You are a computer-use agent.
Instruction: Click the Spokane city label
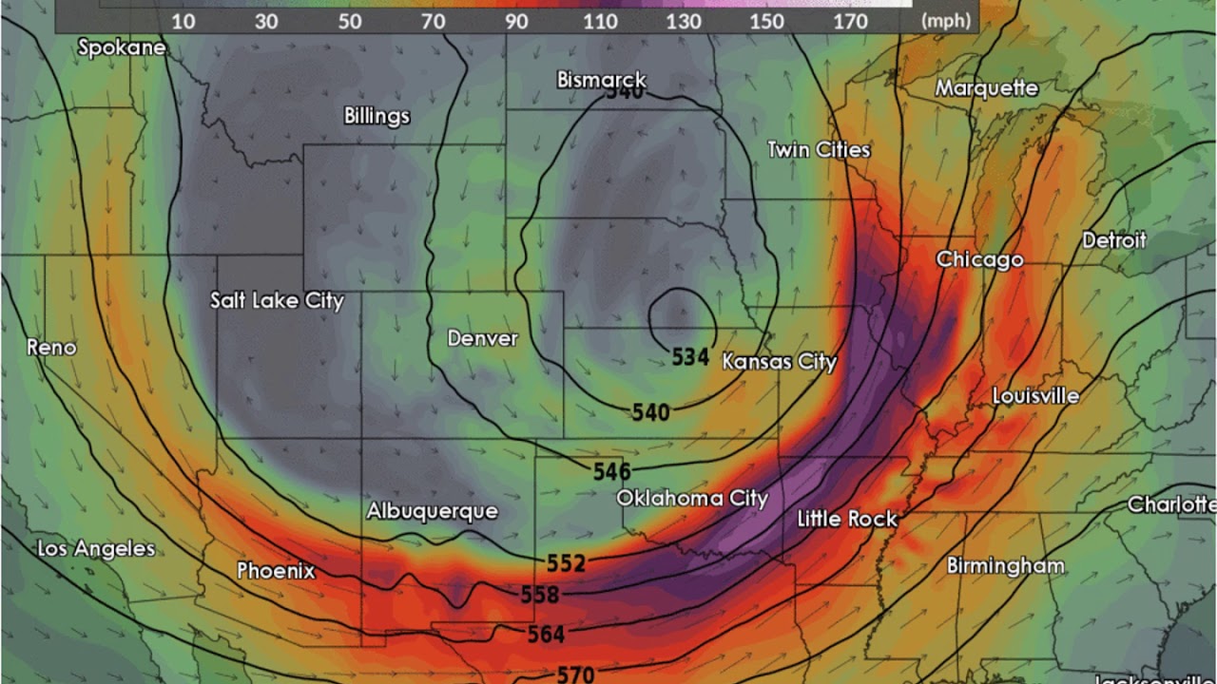[x=122, y=47]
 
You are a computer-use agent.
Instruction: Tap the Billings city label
[x=377, y=116]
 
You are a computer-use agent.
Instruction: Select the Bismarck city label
[x=601, y=80]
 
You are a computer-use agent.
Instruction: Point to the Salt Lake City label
[x=277, y=300]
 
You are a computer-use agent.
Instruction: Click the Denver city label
[x=482, y=338]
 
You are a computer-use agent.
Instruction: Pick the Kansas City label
[x=779, y=361]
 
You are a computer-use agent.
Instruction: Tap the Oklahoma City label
[x=691, y=498]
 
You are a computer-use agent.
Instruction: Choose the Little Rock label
[x=846, y=519]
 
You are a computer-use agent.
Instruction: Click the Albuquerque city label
[x=432, y=511]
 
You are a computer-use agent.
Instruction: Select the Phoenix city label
[x=276, y=571]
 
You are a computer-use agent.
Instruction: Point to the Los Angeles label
[x=95, y=548]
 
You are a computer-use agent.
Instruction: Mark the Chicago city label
[x=979, y=259]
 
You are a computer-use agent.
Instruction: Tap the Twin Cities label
[x=818, y=150]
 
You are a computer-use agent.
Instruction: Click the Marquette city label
[x=986, y=88]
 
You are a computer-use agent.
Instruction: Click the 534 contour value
[x=690, y=357]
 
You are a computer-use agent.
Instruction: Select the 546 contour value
[x=611, y=471]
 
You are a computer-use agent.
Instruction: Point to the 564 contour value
[x=546, y=634]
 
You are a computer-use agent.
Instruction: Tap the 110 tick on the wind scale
[x=600, y=21]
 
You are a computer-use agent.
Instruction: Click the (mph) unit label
[x=946, y=21]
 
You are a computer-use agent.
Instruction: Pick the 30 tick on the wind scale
[x=267, y=21]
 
